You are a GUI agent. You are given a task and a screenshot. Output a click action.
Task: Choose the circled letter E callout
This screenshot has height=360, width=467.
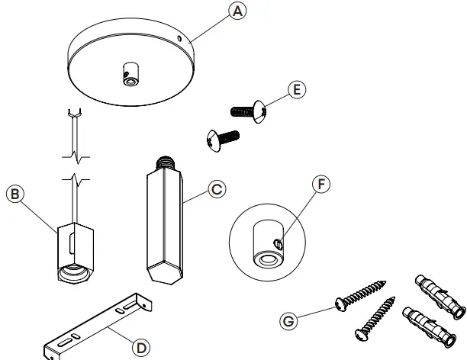pyautogui.click(x=298, y=89)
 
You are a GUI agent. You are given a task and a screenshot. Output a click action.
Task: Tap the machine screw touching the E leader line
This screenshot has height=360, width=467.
pyautogui.click(x=253, y=112)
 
